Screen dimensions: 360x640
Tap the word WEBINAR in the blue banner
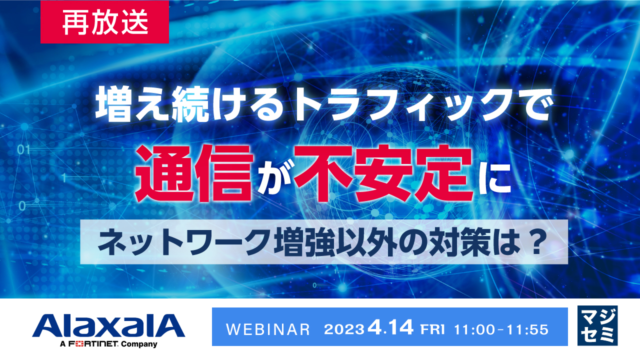point(268,329)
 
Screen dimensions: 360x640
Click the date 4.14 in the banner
point(390,328)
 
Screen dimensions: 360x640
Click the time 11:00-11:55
point(501,329)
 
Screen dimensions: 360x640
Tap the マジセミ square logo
point(597,325)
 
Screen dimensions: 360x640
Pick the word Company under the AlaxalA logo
point(137,344)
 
